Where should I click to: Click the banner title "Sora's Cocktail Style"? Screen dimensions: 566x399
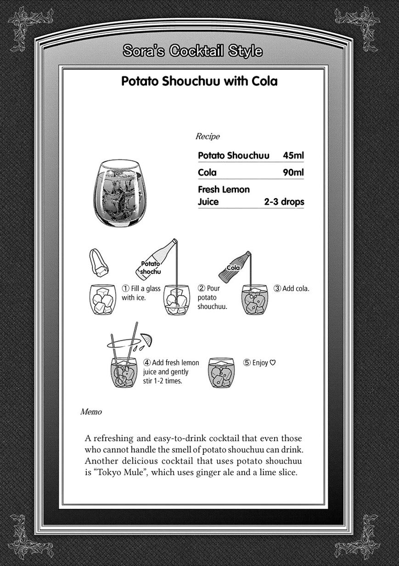(192, 51)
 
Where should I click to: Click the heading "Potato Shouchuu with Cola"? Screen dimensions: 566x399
(199, 81)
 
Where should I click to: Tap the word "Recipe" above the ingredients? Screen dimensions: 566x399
(208, 136)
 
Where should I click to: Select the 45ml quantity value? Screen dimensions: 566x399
(293, 155)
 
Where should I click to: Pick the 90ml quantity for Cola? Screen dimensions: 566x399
(293, 172)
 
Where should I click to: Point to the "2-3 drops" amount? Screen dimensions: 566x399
(284, 201)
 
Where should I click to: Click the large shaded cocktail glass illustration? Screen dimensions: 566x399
(119, 194)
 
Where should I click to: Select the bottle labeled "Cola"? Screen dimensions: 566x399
(235, 267)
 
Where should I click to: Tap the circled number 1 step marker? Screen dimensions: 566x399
(125, 288)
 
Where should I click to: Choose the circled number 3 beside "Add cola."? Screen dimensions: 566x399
(277, 288)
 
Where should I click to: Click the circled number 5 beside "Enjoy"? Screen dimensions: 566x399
(247, 362)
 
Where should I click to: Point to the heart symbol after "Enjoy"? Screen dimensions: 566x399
(273, 362)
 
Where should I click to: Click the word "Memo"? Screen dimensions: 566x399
(91, 412)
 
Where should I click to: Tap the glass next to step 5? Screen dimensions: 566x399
(221, 372)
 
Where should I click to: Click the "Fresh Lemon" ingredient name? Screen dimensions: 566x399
(224, 189)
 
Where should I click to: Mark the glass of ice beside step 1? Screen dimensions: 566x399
(102, 299)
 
